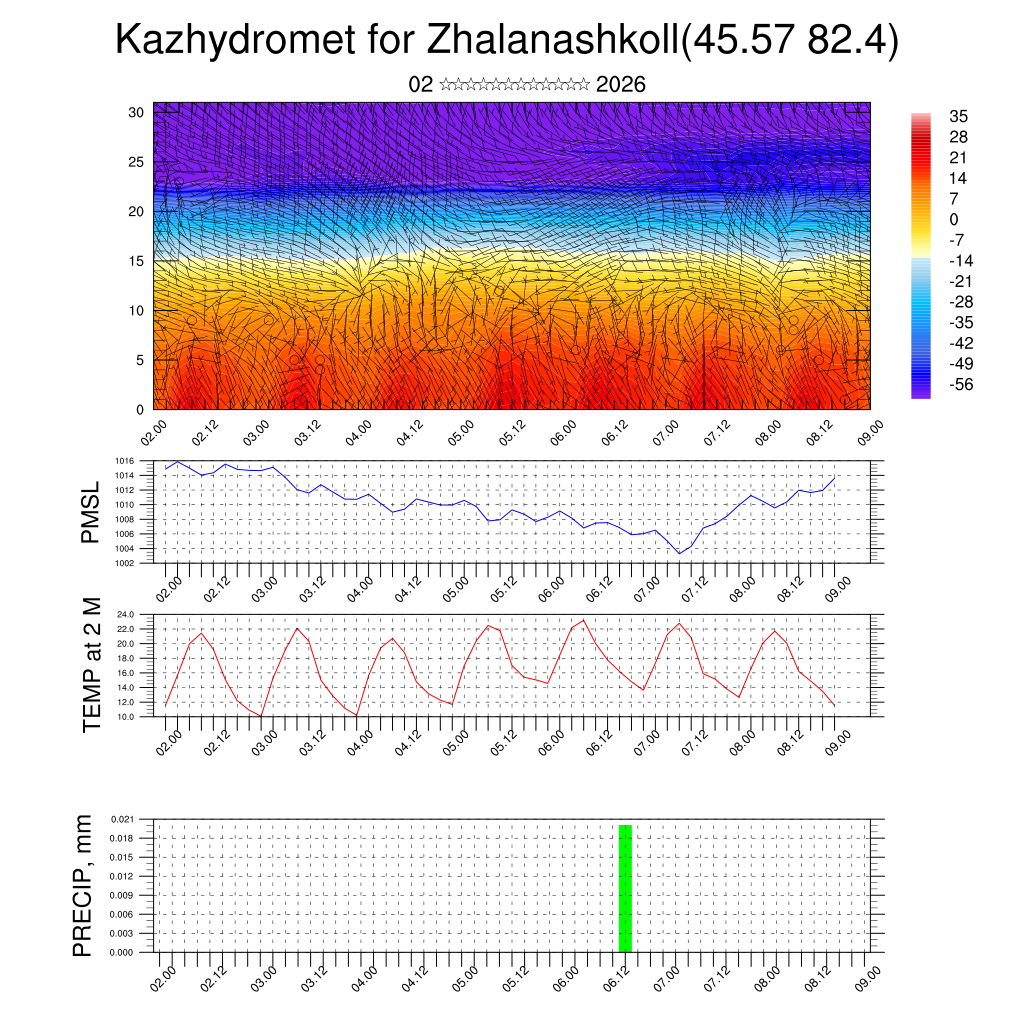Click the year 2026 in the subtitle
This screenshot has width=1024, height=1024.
tap(621, 85)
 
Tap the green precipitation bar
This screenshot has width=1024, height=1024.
tap(625, 888)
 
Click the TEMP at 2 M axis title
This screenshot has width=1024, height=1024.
tap(91, 665)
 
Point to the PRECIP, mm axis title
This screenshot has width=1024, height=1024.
tap(83, 885)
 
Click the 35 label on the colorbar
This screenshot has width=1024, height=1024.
tap(958, 117)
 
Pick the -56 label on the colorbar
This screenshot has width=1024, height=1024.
tap(961, 384)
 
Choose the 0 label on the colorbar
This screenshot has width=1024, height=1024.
tap(953, 219)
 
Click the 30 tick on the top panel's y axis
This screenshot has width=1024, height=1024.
tap(137, 112)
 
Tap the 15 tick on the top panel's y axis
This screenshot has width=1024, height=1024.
tap(137, 261)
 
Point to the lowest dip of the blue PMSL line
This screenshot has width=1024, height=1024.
tap(680, 553)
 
